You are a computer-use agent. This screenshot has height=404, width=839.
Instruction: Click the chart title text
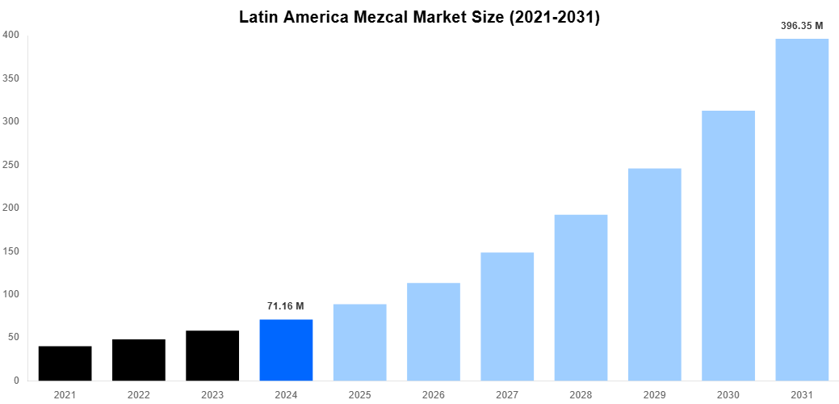419,17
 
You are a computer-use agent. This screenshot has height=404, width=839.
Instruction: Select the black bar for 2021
65,363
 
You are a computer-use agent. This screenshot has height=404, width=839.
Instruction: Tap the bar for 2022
139,360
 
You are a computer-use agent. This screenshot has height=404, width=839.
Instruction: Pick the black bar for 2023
212,356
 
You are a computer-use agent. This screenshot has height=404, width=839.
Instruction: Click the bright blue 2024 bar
286,350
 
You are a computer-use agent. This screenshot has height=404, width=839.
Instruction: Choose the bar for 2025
359,342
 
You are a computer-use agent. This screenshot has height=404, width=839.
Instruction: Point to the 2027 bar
507,316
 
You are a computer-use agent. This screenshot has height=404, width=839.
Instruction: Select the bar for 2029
655,274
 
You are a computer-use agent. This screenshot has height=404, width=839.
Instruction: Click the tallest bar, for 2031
802,209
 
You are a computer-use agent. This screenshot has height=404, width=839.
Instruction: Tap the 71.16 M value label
286,306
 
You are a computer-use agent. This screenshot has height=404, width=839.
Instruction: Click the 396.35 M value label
802,26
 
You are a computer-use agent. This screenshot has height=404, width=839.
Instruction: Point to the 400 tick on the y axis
11,35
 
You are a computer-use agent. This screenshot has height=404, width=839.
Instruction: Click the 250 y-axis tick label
11,165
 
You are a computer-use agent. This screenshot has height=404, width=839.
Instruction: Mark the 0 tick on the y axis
16,381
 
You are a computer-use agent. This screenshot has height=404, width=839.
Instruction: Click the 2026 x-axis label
434,395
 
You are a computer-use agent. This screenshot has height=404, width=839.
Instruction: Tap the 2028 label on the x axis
581,395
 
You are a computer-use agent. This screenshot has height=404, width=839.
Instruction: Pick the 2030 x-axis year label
728,395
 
